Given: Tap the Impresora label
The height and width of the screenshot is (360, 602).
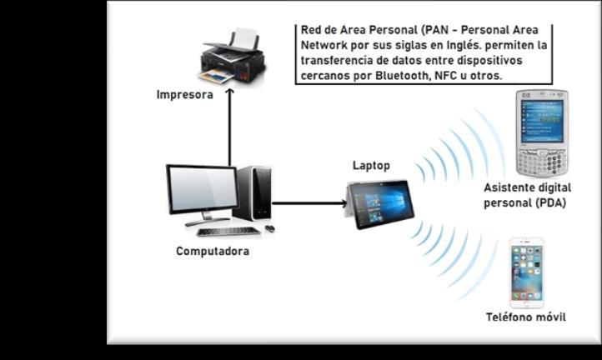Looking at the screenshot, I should tap(185, 95).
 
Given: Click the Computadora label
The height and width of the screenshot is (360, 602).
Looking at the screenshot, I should tap(213, 250).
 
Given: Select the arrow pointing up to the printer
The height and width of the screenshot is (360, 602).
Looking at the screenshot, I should tap(229, 125).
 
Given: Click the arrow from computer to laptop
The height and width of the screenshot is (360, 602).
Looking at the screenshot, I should tap(309, 202).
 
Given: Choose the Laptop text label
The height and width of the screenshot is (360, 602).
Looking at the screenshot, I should tap(371, 166).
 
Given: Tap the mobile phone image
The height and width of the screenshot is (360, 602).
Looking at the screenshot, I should tap(527, 272).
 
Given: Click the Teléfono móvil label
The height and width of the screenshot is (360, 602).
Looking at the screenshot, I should tap(526, 317).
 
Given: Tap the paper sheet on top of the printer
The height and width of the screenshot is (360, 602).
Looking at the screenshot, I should tap(245, 38).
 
